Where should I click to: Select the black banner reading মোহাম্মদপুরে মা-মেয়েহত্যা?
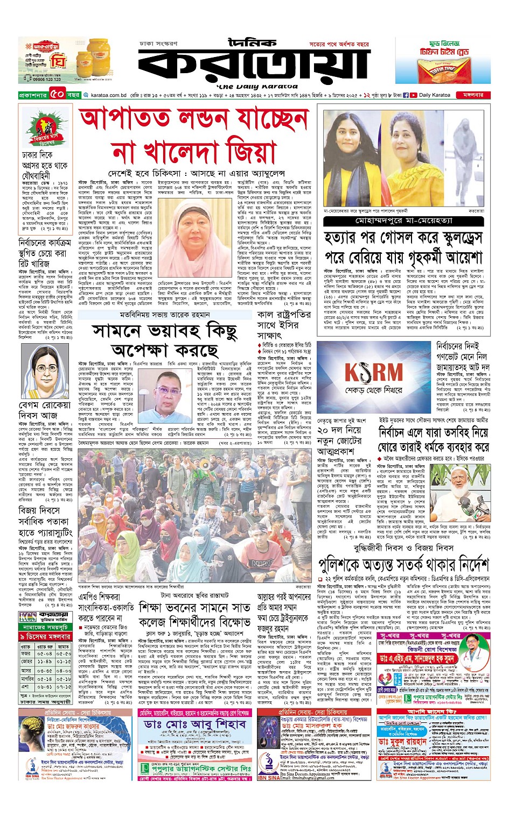404,221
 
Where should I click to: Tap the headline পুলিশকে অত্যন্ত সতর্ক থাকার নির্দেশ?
403,565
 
